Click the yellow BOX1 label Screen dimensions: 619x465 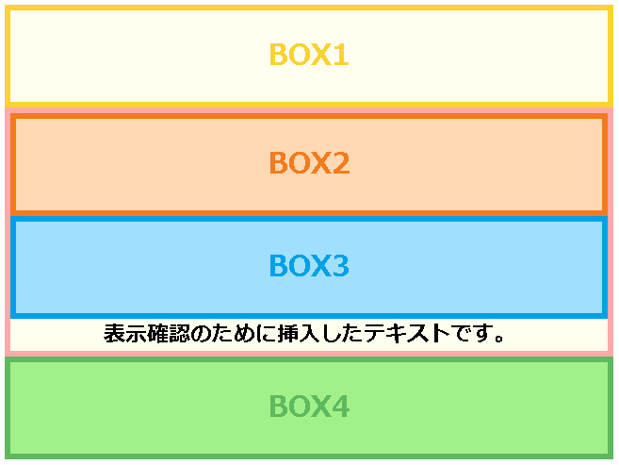pyautogui.click(x=309, y=55)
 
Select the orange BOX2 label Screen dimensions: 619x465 pyautogui.click(x=309, y=163)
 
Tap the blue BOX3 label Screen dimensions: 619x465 pyautogui.click(x=309, y=265)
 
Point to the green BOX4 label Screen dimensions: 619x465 pyautogui.click(x=309, y=406)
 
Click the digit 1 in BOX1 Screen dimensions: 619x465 pyautogui.click(x=341, y=55)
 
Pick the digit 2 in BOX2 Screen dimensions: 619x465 pyautogui.click(x=341, y=163)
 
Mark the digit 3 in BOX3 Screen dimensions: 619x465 pyautogui.click(x=341, y=265)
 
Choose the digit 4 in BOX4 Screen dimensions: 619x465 pyautogui.click(x=341, y=406)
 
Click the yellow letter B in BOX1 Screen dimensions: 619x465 pyautogui.click(x=278, y=55)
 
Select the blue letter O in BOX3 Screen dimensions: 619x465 pyautogui.click(x=299, y=265)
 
